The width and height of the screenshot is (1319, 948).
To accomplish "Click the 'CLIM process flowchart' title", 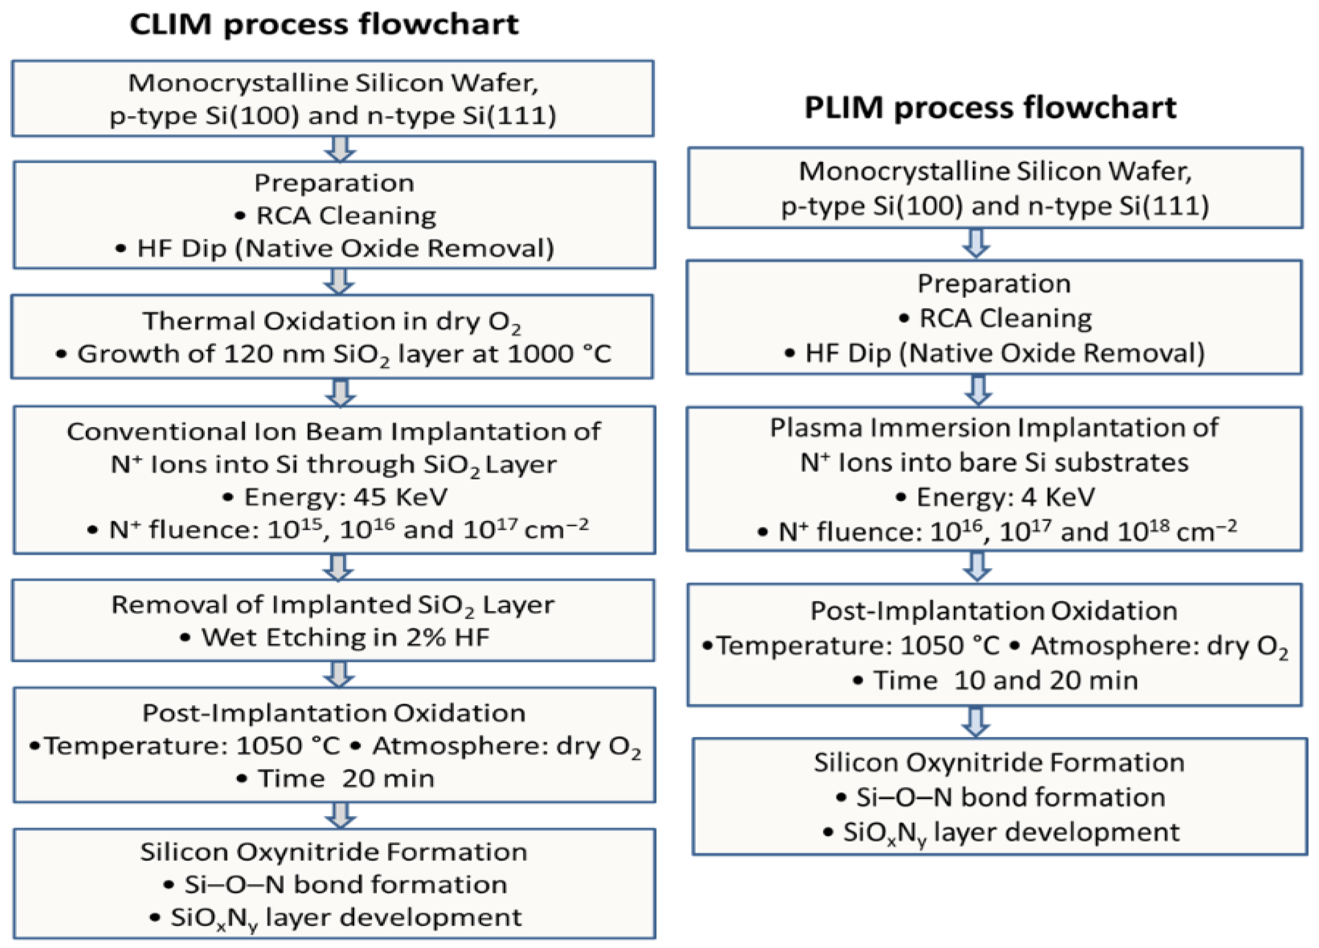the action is pos(324,25).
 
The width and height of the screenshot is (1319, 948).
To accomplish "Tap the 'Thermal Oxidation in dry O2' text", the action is pos(331,322).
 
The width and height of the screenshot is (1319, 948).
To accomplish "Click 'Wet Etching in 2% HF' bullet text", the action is pos(345,637).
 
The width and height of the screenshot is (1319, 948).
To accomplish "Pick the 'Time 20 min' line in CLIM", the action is pos(346,778).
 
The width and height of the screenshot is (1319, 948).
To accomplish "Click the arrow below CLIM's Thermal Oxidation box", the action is pos(340,393).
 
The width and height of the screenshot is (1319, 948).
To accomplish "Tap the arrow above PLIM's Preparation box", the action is pos(977,243).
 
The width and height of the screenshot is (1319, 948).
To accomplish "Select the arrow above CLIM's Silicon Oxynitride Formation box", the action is pos(340,815).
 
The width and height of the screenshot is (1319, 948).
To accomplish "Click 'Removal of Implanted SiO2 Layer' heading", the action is pos(333,605).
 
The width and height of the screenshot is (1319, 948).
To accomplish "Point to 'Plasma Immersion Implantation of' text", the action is pos(994,428).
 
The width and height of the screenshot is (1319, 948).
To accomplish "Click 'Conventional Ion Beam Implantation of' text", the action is pos(334,431).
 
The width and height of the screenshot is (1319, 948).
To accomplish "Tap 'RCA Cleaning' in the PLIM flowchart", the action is pos(1006,318).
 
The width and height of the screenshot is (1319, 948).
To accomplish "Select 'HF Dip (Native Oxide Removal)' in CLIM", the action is pos(345,249).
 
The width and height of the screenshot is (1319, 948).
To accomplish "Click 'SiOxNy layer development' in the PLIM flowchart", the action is pos(1011,833).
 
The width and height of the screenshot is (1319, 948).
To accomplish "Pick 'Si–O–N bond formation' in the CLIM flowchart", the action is pos(346,885).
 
